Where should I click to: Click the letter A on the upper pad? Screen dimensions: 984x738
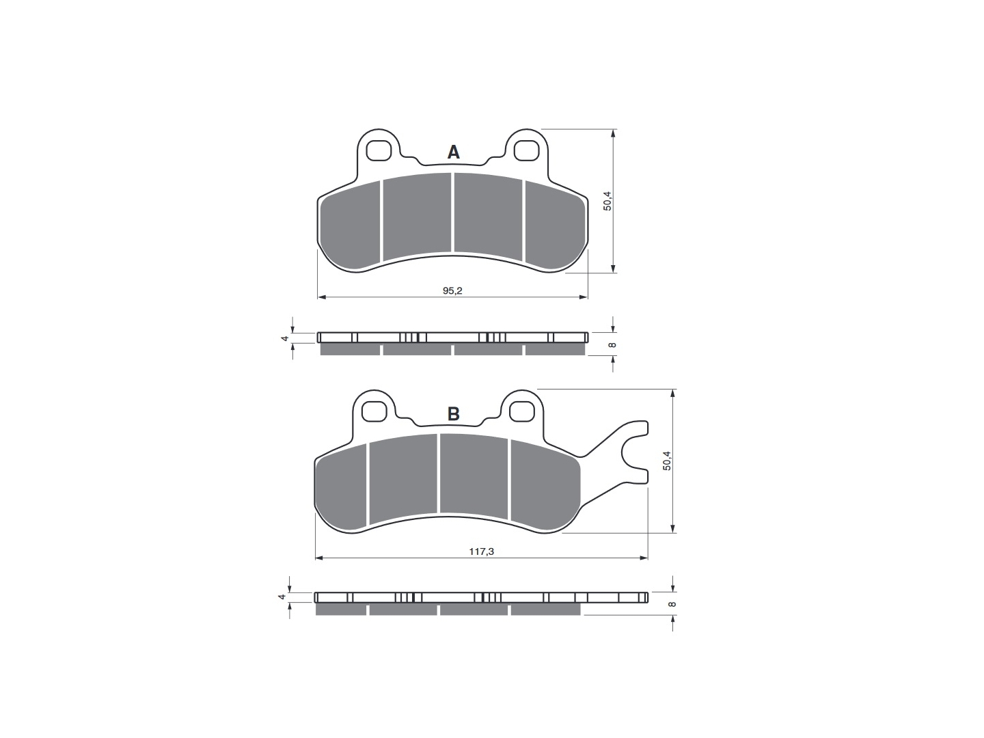point(453,152)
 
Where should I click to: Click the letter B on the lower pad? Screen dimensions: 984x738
point(453,413)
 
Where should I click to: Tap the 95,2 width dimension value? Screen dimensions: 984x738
point(452,290)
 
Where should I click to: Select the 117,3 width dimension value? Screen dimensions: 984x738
point(482,551)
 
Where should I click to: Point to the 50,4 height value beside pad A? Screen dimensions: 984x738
point(607,201)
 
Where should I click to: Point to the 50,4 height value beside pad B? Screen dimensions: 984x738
point(667,461)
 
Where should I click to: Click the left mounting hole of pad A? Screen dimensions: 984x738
point(379,150)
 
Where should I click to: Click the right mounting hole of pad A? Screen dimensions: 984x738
point(526,150)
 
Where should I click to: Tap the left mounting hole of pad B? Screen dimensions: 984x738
point(374,411)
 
